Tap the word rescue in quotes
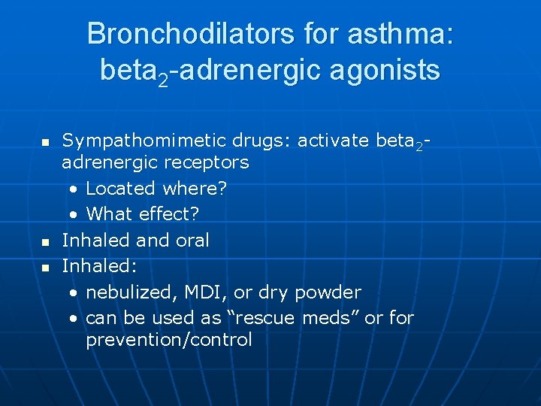click(265, 317)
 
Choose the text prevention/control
click(168, 340)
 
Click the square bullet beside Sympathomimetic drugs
click(44, 141)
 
